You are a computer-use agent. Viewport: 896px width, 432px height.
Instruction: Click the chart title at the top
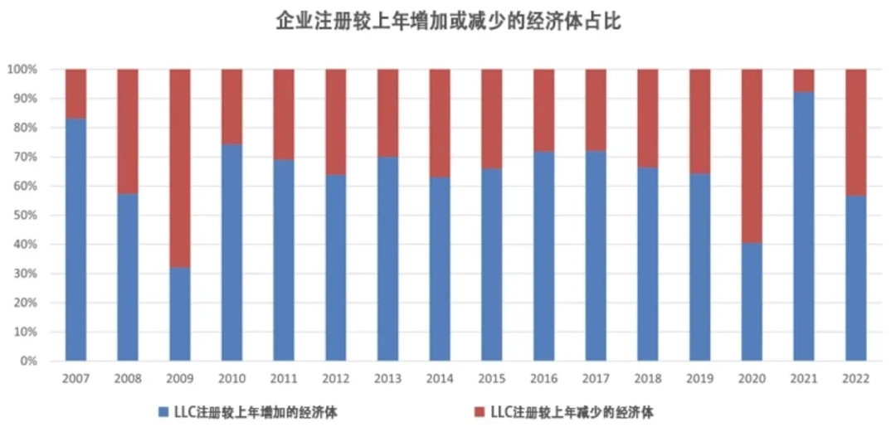point(448,22)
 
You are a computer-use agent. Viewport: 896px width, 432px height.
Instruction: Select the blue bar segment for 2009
point(180,314)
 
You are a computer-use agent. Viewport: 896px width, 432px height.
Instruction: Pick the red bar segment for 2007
point(75,94)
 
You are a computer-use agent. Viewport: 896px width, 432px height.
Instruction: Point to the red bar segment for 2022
point(855,133)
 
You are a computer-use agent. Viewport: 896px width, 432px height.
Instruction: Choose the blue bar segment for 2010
point(231,253)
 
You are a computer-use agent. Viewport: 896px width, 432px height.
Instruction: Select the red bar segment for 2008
point(128,132)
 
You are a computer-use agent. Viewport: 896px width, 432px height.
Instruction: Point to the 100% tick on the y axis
point(22,70)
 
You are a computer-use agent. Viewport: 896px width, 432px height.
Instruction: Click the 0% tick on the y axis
point(27,362)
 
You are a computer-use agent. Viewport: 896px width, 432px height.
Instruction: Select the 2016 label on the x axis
point(543,379)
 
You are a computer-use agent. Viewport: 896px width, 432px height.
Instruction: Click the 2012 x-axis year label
point(336,379)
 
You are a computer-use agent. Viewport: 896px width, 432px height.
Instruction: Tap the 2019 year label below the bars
point(699,379)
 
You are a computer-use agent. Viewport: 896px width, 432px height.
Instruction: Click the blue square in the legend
point(163,411)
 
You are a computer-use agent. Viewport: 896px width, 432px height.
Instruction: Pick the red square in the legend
point(479,411)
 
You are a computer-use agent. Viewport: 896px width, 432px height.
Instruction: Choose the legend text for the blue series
point(256,411)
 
